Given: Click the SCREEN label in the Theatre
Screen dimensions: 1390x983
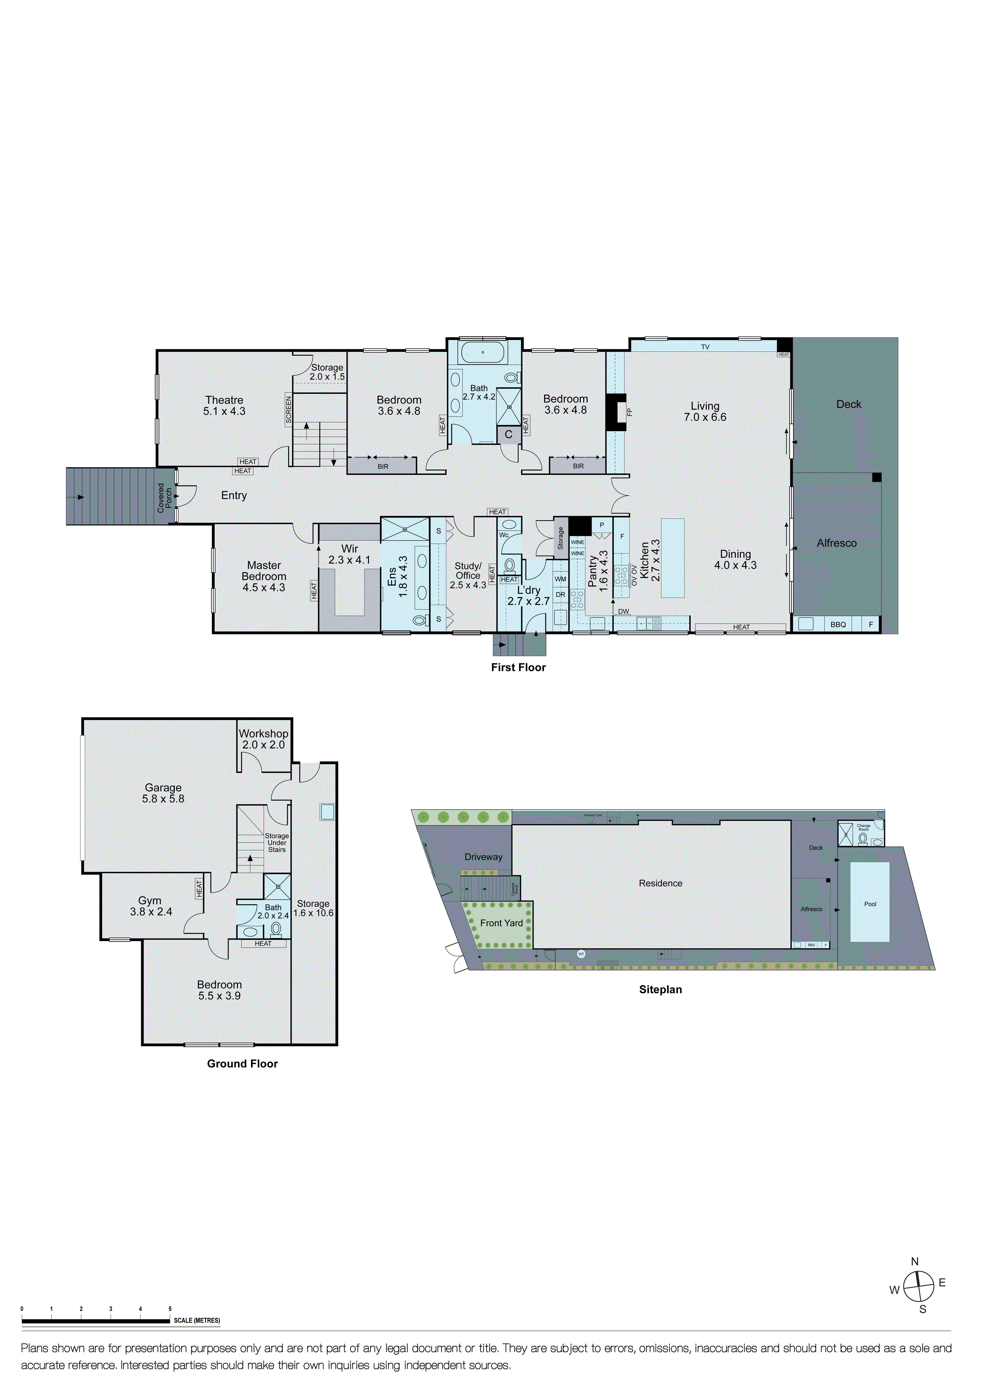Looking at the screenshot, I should pos(289,409).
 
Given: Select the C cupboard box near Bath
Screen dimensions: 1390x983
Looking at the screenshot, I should pos(508,434).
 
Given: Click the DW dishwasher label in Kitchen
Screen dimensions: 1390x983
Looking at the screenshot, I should pos(624,611).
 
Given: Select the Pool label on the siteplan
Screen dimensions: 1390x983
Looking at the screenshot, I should pos(870,904).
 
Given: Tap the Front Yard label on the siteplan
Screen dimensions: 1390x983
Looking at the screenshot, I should pos(501,923).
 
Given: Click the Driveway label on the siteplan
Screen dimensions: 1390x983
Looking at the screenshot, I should pos(483,857).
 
